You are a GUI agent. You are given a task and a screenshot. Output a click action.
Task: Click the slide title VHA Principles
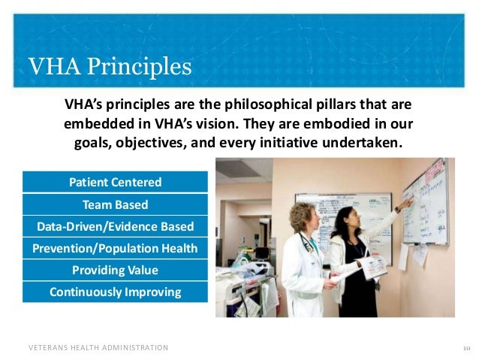[110, 67]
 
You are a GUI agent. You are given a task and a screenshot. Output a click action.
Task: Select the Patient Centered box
[115, 183]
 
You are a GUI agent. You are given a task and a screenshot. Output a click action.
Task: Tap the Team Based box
[115, 204]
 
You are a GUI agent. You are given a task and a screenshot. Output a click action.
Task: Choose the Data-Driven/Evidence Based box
[115, 226]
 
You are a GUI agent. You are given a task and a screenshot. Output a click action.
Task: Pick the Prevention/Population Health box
[115, 248]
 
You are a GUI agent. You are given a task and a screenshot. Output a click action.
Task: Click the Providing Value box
[115, 270]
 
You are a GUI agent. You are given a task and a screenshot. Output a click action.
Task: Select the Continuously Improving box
[115, 292]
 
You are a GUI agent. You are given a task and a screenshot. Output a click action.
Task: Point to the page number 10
[466, 348]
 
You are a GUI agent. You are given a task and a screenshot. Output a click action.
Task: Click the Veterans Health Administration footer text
[98, 348]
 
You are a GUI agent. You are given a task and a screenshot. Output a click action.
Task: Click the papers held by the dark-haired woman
[372, 267]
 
